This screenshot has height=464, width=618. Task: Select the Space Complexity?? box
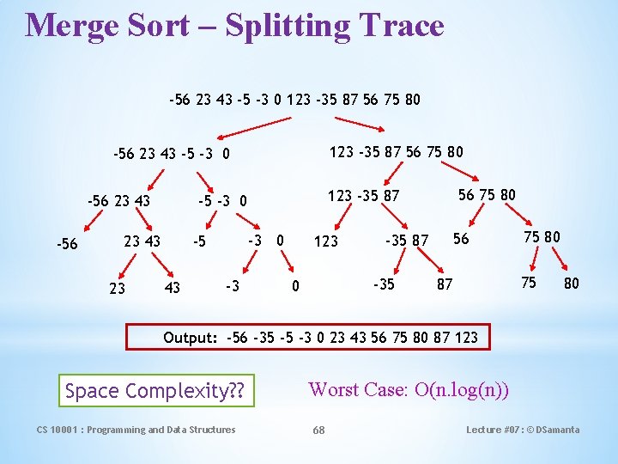point(155,392)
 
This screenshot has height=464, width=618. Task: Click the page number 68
point(318,430)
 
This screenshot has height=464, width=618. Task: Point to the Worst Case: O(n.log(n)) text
point(409,389)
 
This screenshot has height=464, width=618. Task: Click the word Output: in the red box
point(191,337)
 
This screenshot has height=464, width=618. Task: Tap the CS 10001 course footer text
point(136,430)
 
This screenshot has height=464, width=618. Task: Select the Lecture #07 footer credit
point(523,430)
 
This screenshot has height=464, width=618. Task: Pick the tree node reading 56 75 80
point(487,194)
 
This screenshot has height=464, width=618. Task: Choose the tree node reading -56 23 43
point(119,201)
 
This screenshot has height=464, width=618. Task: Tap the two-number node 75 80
point(542,236)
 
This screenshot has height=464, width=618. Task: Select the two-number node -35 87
point(406,241)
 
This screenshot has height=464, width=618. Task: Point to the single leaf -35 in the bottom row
point(383,284)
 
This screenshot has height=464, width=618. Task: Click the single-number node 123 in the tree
point(325,241)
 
